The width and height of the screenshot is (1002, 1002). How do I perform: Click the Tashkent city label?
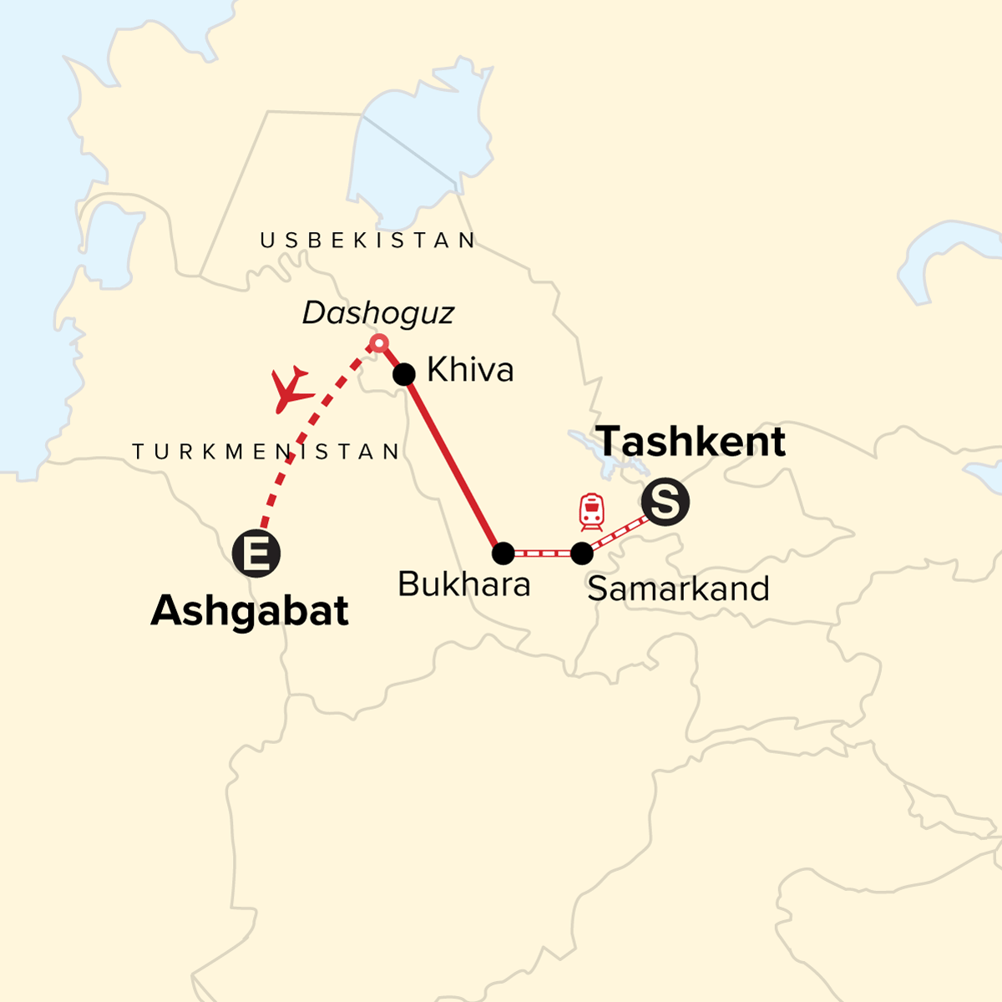[691, 442]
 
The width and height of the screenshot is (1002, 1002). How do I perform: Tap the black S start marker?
[665, 503]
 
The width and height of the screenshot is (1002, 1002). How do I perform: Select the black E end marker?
[256, 554]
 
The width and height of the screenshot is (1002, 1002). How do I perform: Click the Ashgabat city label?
[250, 611]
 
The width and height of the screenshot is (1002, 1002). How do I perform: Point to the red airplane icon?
[291, 389]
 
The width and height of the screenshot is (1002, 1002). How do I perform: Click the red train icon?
[591, 512]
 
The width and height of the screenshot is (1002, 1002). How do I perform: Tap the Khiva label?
[470, 370]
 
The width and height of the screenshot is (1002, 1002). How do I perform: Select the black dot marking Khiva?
[404, 373]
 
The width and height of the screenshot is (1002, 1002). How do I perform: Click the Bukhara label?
[463, 584]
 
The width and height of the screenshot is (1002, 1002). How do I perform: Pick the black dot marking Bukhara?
[503, 553]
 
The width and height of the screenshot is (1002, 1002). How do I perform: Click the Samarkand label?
[678, 589]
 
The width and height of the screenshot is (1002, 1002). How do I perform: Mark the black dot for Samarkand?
[582, 553]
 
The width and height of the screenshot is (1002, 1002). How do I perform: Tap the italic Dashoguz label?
[378, 313]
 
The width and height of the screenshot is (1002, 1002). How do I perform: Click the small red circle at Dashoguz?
[379, 342]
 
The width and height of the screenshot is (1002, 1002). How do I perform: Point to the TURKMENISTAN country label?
[266, 452]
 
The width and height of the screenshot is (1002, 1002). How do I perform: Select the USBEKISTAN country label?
[368, 240]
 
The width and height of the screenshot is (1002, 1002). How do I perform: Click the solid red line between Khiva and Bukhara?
[453, 463]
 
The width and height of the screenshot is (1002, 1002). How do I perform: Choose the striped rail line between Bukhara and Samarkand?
[543, 553]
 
